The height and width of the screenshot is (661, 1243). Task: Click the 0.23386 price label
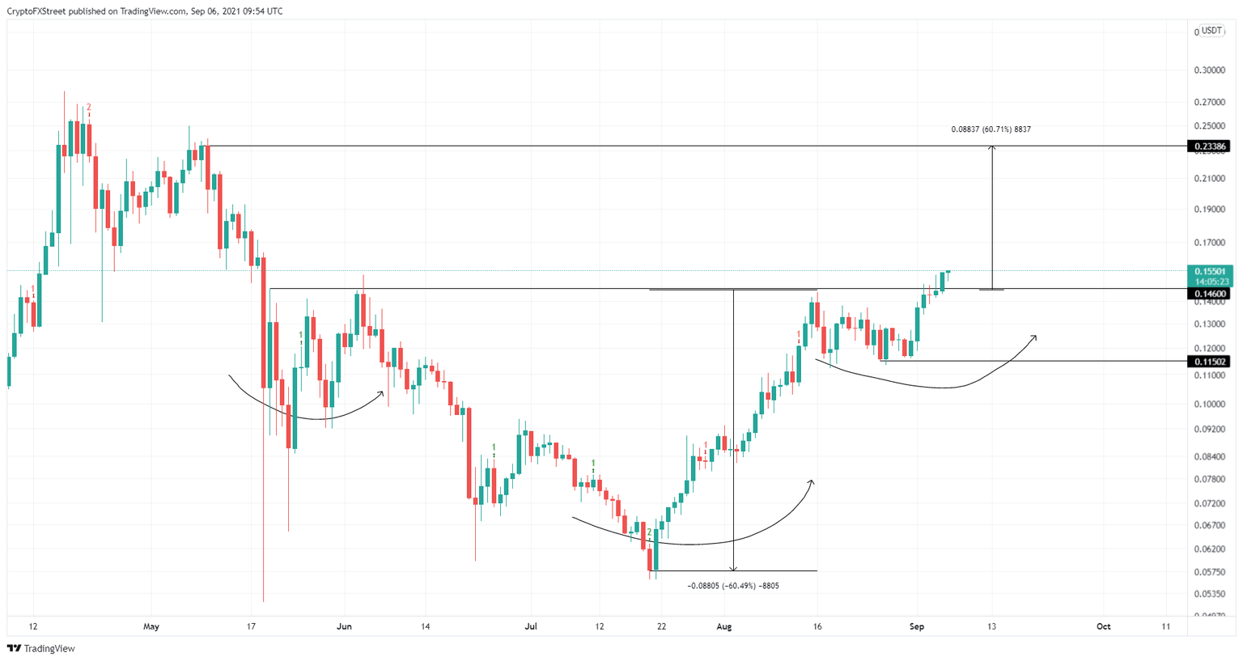pos(1208,146)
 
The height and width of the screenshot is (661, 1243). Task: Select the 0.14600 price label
pos(1208,294)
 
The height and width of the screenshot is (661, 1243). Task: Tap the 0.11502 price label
pos(1208,362)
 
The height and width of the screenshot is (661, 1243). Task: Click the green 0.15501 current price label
pos(1210,272)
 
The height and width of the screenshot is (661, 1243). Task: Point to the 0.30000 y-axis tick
pos(1209,70)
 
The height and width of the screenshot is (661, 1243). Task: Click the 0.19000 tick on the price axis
pos(1209,210)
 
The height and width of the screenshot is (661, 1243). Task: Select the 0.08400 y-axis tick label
pos(1209,456)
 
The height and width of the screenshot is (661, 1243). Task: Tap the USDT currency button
pos(1211,31)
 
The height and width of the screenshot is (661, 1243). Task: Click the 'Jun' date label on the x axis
pos(344,626)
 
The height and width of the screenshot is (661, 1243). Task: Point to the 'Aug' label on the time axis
pos(724,626)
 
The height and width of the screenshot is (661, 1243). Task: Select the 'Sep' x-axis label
pos(917,626)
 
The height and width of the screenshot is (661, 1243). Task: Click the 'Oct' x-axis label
pos(1103,626)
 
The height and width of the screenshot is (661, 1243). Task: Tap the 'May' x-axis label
pos(151,626)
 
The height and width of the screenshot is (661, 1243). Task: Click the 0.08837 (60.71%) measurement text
pos(991,129)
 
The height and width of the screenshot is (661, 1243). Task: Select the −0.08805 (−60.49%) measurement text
pos(732,586)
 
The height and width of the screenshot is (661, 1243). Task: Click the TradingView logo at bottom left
pos(41,648)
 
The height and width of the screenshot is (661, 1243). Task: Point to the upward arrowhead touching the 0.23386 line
pos(992,149)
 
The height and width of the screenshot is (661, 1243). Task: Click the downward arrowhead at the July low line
pos(733,568)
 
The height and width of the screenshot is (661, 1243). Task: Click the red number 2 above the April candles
pos(89,108)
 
